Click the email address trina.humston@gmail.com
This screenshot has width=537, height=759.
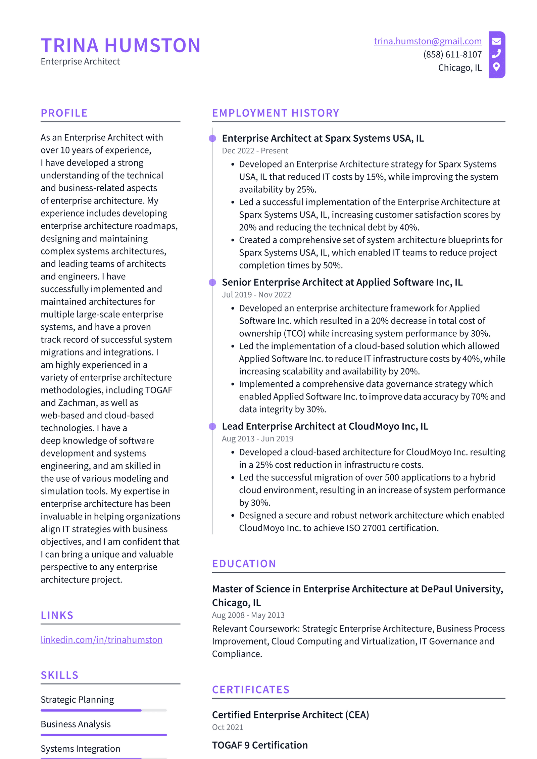click(x=427, y=41)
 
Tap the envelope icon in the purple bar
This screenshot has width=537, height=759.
click(x=496, y=41)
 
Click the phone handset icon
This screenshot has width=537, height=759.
click(x=496, y=54)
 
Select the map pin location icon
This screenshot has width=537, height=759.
click(x=496, y=67)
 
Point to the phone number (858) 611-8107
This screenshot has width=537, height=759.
click(x=452, y=54)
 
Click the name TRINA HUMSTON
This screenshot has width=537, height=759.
click(x=120, y=45)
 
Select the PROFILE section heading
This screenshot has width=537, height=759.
click(x=64, y=113)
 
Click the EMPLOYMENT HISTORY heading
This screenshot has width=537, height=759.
click(x=275, y=113)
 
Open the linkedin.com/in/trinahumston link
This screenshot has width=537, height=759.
click(x=101, y=639)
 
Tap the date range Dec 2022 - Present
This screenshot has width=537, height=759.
click(x=255, y=151)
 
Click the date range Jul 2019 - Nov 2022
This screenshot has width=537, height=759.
click(x=256, y=295)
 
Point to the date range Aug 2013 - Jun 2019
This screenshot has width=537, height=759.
click(x=257, y=439)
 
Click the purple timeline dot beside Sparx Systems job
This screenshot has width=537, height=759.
click(x=212, y=139)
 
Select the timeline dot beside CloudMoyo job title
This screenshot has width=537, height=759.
click(x=212, y=426)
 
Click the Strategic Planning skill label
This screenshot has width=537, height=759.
click(x=77, y=700)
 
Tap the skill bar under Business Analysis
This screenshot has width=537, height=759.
click(x=103, y=735)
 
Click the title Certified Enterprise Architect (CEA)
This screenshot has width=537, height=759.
click(x=290, y=715)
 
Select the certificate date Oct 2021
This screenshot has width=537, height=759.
click(x=228, y=727)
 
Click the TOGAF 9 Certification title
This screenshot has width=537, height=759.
click(x=260, y=745)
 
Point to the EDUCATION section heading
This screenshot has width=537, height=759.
click(x=244, y=564)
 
